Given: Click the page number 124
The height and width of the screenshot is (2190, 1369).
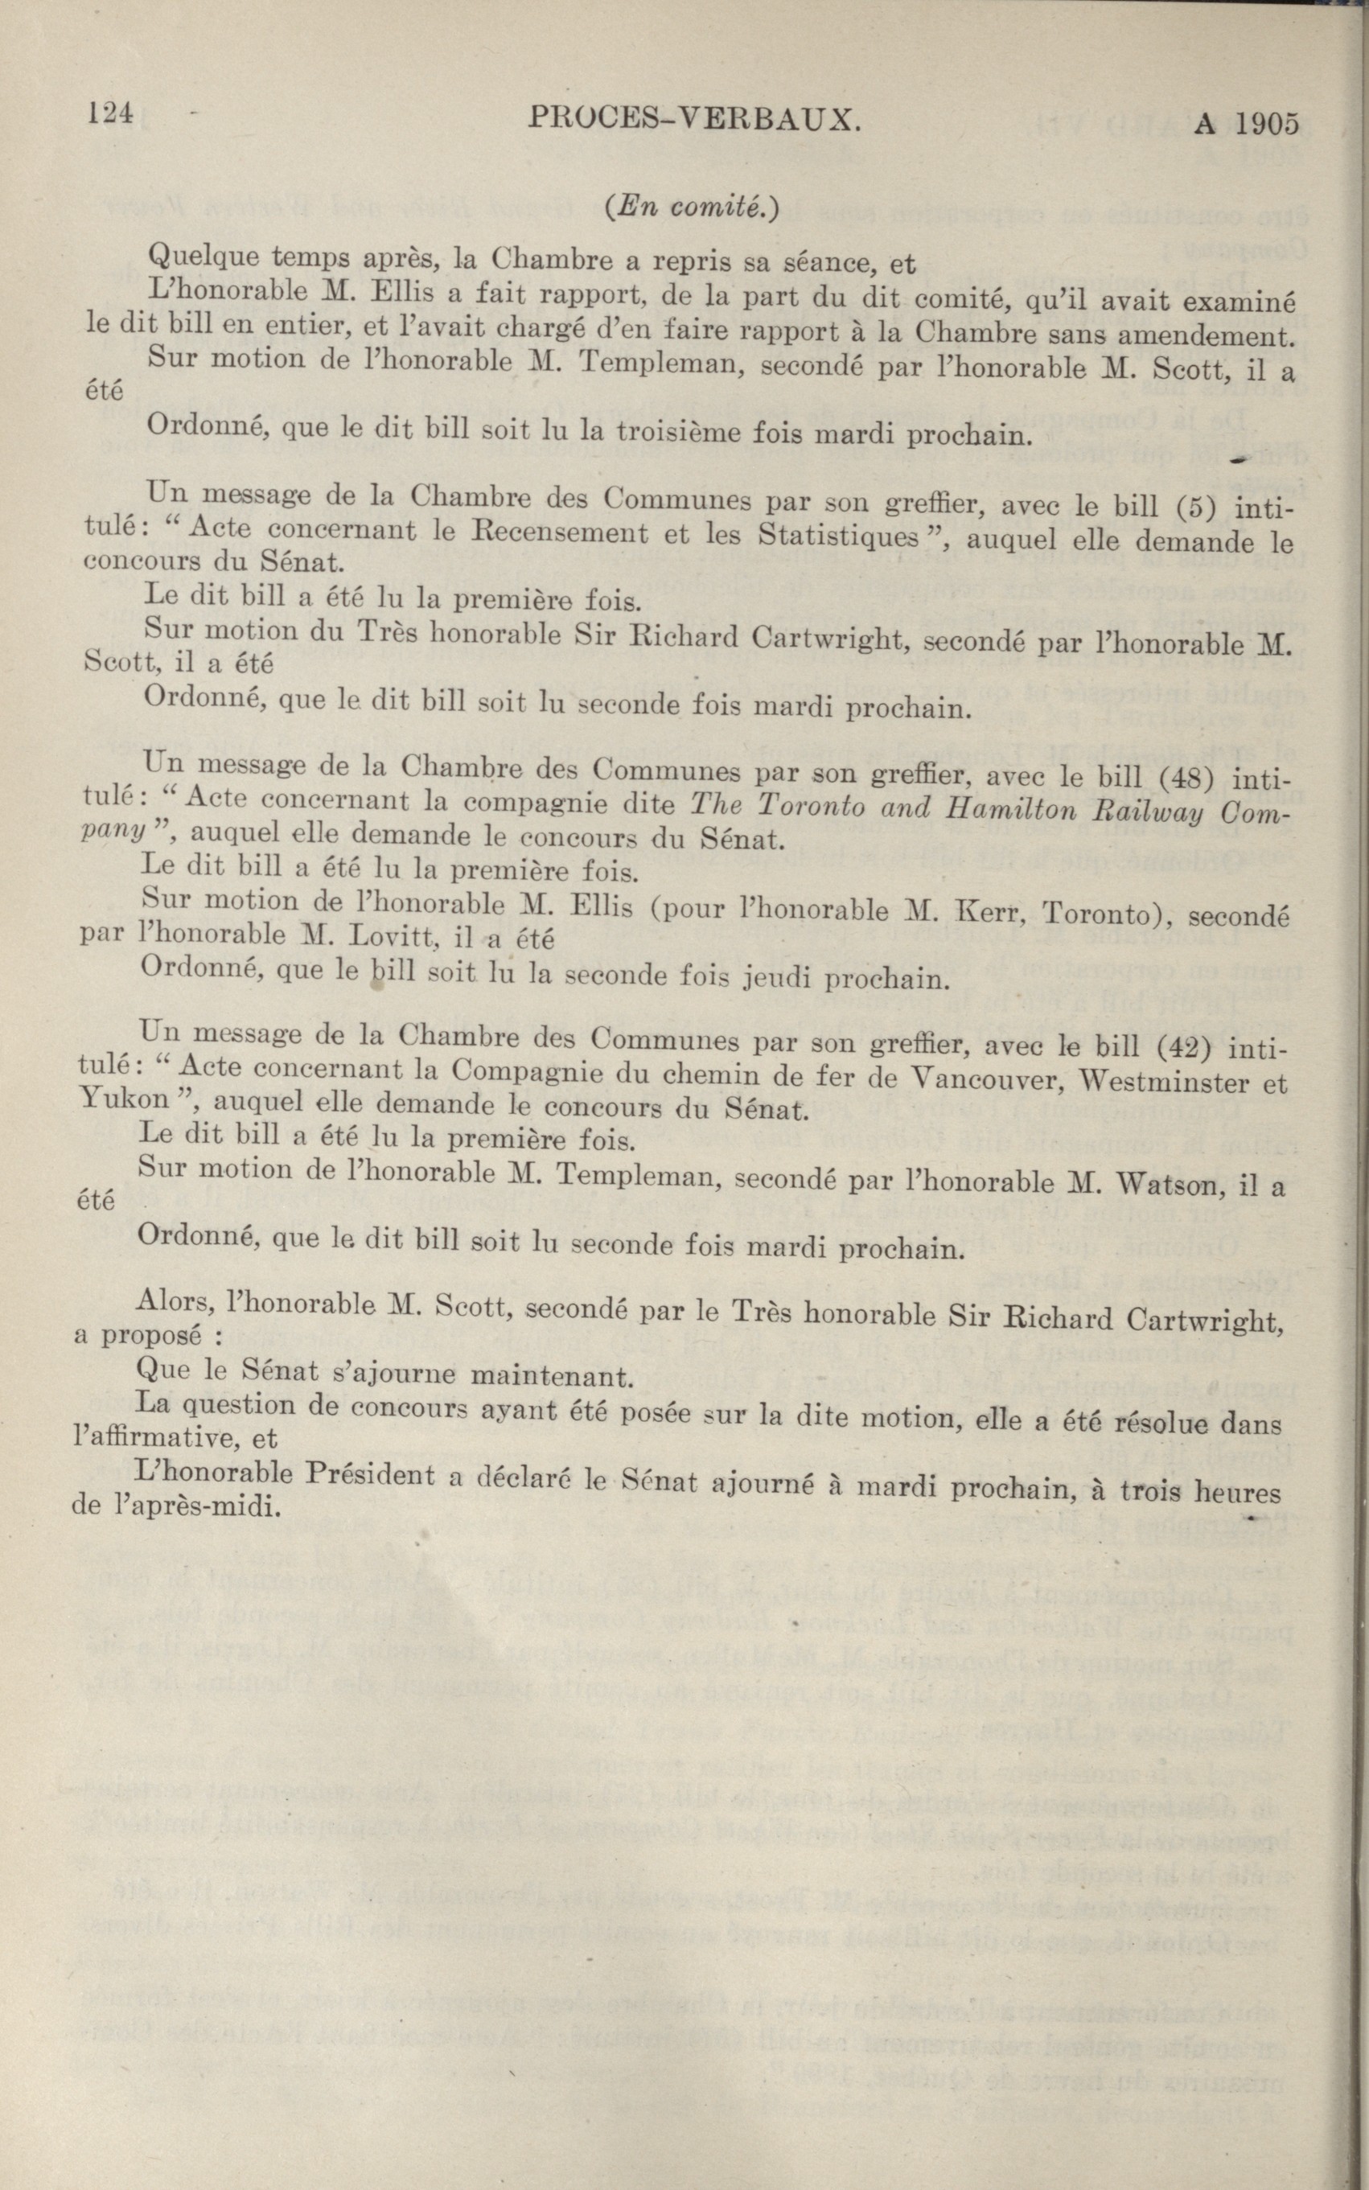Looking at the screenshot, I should pos(110,114).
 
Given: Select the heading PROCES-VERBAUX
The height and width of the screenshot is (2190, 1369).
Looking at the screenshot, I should pos(692,118).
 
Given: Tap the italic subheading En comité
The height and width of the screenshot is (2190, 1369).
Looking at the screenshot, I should pos(691,207).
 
